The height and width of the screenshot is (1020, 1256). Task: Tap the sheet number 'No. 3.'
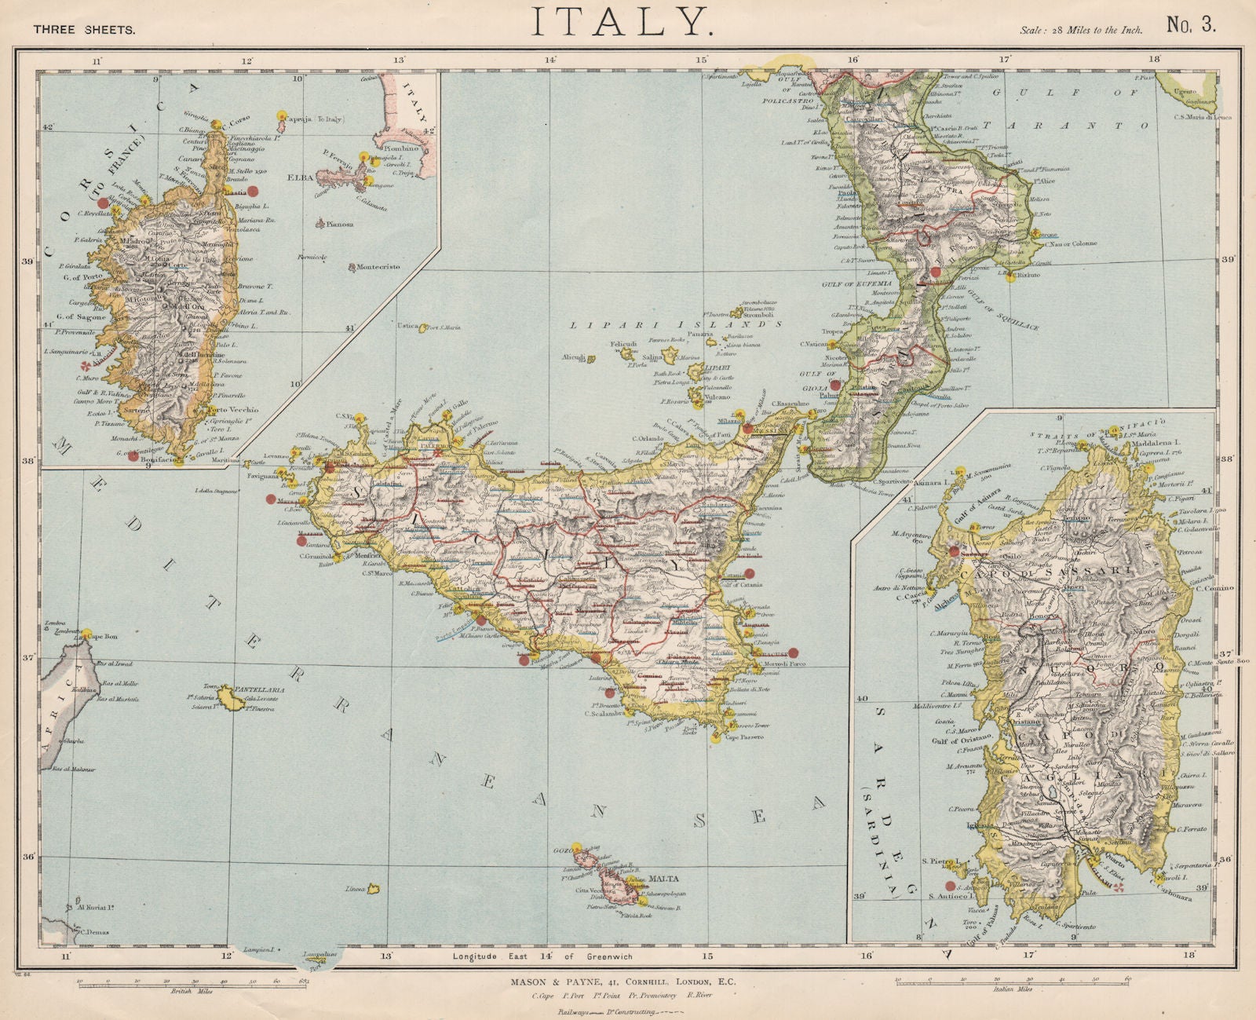(x=1191, y=25)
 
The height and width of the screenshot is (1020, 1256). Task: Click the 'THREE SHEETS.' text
(x=85, y=30)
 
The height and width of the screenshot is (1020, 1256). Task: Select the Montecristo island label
(x=378, y=267)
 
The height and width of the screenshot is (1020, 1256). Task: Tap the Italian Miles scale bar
(x=1013, y=981)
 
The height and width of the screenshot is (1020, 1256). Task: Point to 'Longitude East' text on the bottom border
(x=487, y=956)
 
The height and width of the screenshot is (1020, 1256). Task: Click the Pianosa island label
(x=339, y=224)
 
